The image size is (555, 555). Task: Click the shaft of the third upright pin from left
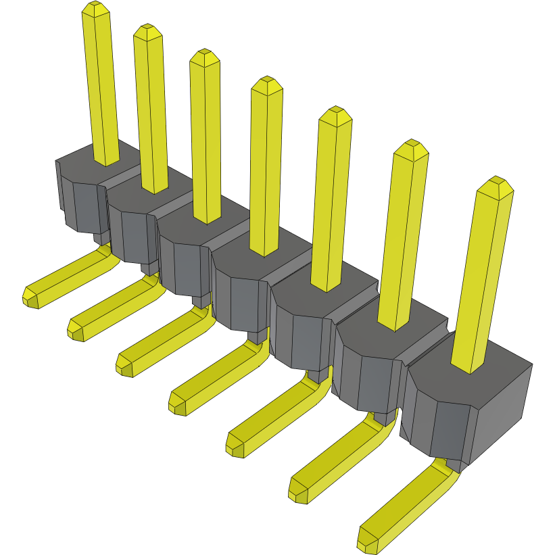pos(206,135)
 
